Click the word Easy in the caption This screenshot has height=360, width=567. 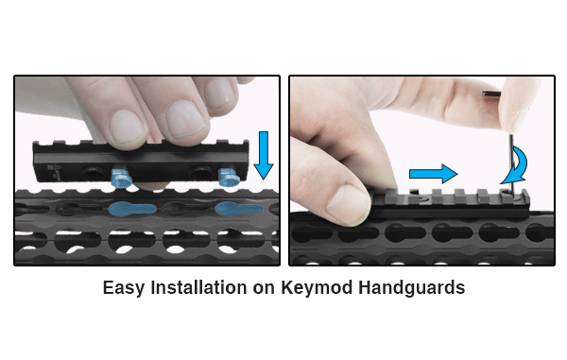[x=123, y=288]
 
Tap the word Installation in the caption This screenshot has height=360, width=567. [x=198, y=287]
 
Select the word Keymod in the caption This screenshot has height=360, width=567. [x=317, y=288]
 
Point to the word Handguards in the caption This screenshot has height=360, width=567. [x=411, y=288]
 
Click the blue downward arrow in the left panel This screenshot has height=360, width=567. [x=264, y=155]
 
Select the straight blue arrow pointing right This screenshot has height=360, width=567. [x=434, y=174]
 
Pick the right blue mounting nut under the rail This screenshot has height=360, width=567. [x=228, y=178]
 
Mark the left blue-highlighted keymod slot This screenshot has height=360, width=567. [x=132, y=209]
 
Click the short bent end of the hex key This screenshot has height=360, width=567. [x=491, y=94]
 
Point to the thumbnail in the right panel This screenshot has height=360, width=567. [x=343, y=201]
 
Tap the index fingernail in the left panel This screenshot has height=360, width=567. [x=128, y=126]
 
